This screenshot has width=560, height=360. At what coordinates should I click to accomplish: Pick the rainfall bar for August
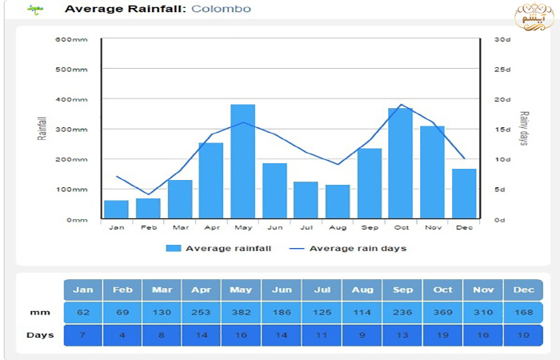tap(337, 202)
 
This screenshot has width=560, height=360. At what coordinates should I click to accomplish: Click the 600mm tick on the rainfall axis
tap(71, 39)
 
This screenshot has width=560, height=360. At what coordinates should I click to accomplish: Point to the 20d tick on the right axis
tap(502, 99)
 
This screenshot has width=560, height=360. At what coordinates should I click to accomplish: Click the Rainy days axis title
tap(525, 129)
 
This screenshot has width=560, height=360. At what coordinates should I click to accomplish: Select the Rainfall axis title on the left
tap(42, 129)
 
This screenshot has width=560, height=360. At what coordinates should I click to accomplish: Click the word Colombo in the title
tap(221, 10)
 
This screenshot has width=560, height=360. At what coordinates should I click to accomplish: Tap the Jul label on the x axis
tap(306, 227)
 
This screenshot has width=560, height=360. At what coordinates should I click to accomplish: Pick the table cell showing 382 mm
tap(242, 312)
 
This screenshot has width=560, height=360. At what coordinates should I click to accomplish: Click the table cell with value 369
tap(443, 312)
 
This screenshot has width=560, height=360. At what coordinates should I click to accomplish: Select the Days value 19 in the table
tap(443, 334)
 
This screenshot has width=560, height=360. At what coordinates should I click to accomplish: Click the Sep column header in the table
tap(402, 290)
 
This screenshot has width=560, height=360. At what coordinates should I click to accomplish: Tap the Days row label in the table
tap(40, 334)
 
